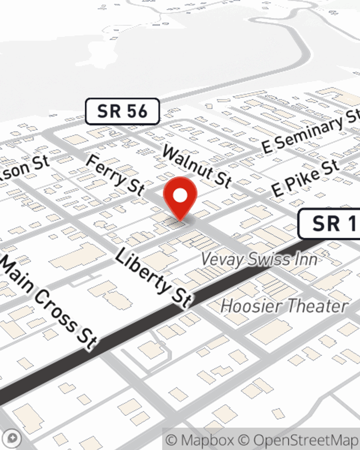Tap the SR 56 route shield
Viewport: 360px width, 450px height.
point(122,112)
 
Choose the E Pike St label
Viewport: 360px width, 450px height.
point(305,178)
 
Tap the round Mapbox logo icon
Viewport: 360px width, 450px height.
point(13,438)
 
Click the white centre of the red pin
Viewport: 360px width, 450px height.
point(180,196)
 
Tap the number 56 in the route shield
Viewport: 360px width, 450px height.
point(137,112)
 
